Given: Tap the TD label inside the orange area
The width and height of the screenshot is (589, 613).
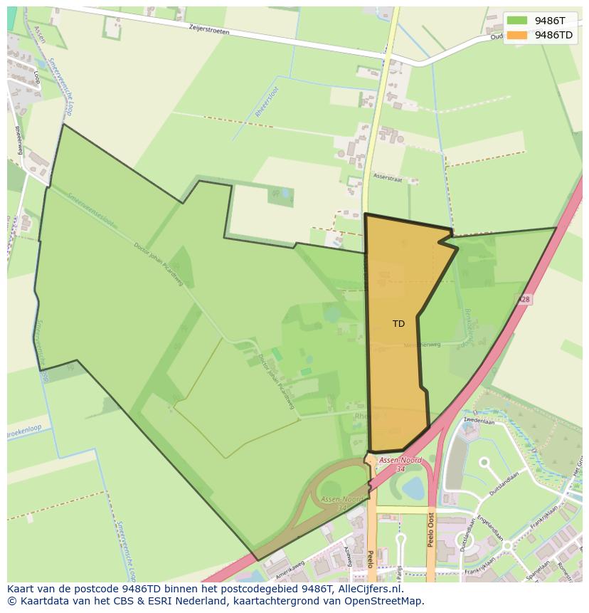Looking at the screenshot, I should [398, 324].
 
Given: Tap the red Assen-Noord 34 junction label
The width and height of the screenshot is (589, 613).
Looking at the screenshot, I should [400, 464].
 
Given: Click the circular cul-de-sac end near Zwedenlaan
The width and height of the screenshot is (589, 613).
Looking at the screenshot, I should [484, 463].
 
